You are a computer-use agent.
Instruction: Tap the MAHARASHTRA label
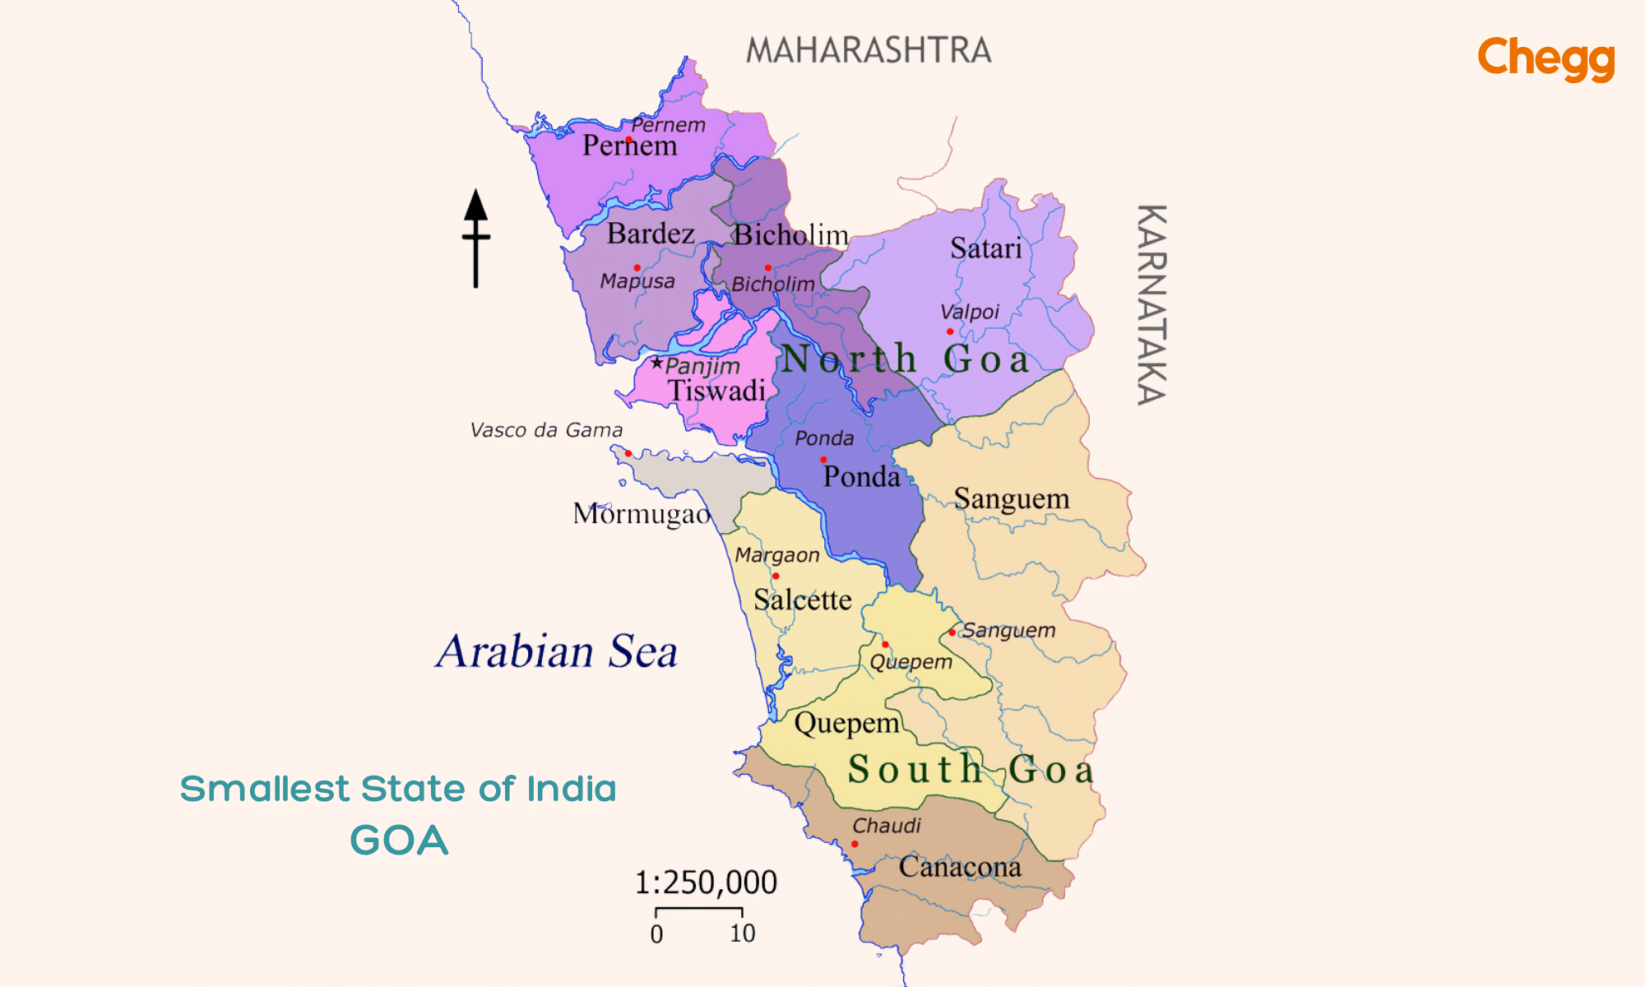point(869,51)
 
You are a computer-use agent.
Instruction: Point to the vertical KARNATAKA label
point(1151,304)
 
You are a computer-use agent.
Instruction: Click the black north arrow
point(475,239)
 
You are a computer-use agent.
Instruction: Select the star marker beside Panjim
point(656,363)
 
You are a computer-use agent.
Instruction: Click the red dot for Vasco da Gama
point(628,453)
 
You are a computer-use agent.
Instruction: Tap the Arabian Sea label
point(557,651)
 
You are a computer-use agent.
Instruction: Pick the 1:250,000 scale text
point(706,883)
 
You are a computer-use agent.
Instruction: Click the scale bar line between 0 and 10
point(699,909)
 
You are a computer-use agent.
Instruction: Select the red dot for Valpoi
point(950,331)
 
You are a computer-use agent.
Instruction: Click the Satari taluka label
point(985,248)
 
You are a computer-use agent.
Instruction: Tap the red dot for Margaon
point(776,576)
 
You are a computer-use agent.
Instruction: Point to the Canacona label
point(960,866)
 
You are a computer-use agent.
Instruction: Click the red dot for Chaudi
point(855,844)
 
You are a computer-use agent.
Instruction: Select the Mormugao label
point(642,514)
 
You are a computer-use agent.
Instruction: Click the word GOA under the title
point(399,841)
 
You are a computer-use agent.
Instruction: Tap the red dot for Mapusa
point(637,267)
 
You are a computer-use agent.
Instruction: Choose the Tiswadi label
point(716,390)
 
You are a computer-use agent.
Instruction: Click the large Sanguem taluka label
point(1012,498)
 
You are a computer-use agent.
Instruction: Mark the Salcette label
point(802,600)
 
